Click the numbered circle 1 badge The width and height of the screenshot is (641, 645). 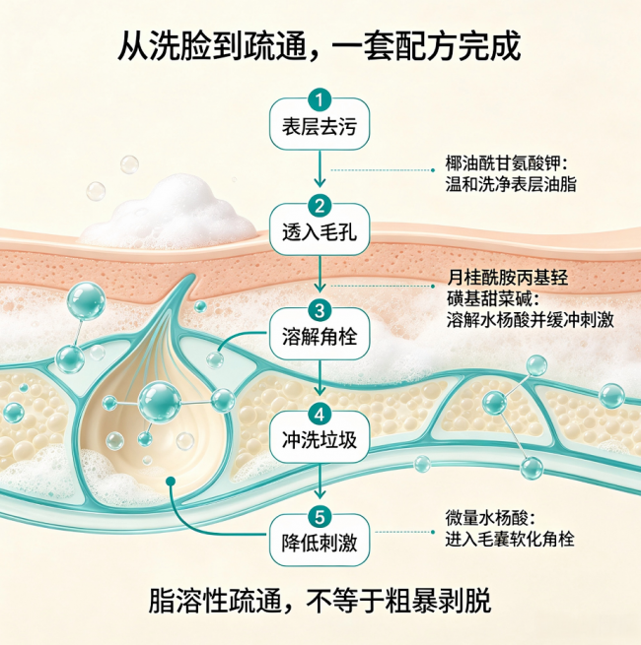(x=320, y=100)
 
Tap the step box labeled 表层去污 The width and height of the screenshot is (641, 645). (x=320, y=124)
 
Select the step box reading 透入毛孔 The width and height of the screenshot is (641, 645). (x=320, y=230)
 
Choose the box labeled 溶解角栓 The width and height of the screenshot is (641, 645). (x=320, y=335)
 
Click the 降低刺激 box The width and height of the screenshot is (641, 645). (x=320, y=541)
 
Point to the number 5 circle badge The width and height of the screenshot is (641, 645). (x=320, y=517)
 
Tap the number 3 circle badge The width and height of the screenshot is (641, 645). (x=320, y=310)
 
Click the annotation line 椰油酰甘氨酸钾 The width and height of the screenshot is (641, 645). (x=506, y=163)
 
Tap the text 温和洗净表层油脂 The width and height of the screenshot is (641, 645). (x=511, y=184)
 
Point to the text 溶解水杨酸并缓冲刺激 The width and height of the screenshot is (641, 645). (x=531, y=320)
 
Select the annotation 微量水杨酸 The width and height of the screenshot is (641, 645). (x=490, y=518)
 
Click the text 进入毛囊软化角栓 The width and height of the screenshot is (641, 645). (x=510, y=539)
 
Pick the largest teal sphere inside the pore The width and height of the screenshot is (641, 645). (x=160, y=403)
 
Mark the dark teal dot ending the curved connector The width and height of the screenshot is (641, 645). (x=171, y=482)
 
